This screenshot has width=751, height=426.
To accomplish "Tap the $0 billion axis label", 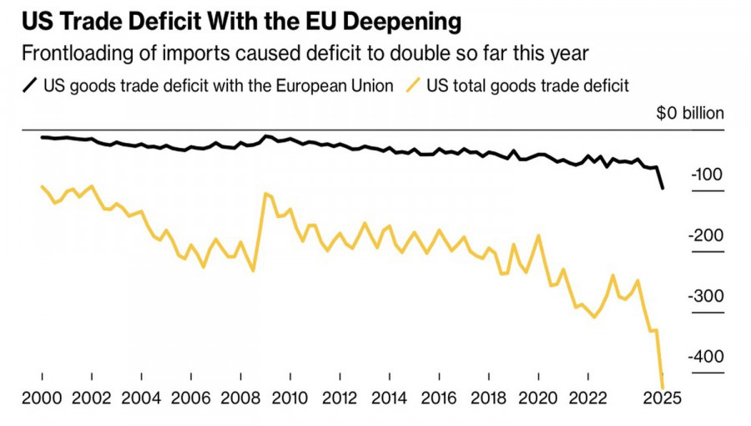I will pyautogui.click(x=690, y=114).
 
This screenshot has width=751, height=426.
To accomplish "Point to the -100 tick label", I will pyautogui.click(x=706, y=175).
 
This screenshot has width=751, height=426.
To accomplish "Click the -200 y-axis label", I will pyautogui.click(x=706, y=236).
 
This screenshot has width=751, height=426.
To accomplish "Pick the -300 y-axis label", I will pyautogui.click(x=706, y=297).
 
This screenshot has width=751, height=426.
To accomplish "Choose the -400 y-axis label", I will pyautogui.click(x=706, y=357).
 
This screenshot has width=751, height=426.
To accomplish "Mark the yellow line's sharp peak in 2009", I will pyautogui.click(x=265, y=194).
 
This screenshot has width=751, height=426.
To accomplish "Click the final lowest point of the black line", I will pyautogui.click(x=663, y=188).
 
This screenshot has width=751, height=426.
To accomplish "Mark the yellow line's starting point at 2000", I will pyautogui.click(x=42, y=185).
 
